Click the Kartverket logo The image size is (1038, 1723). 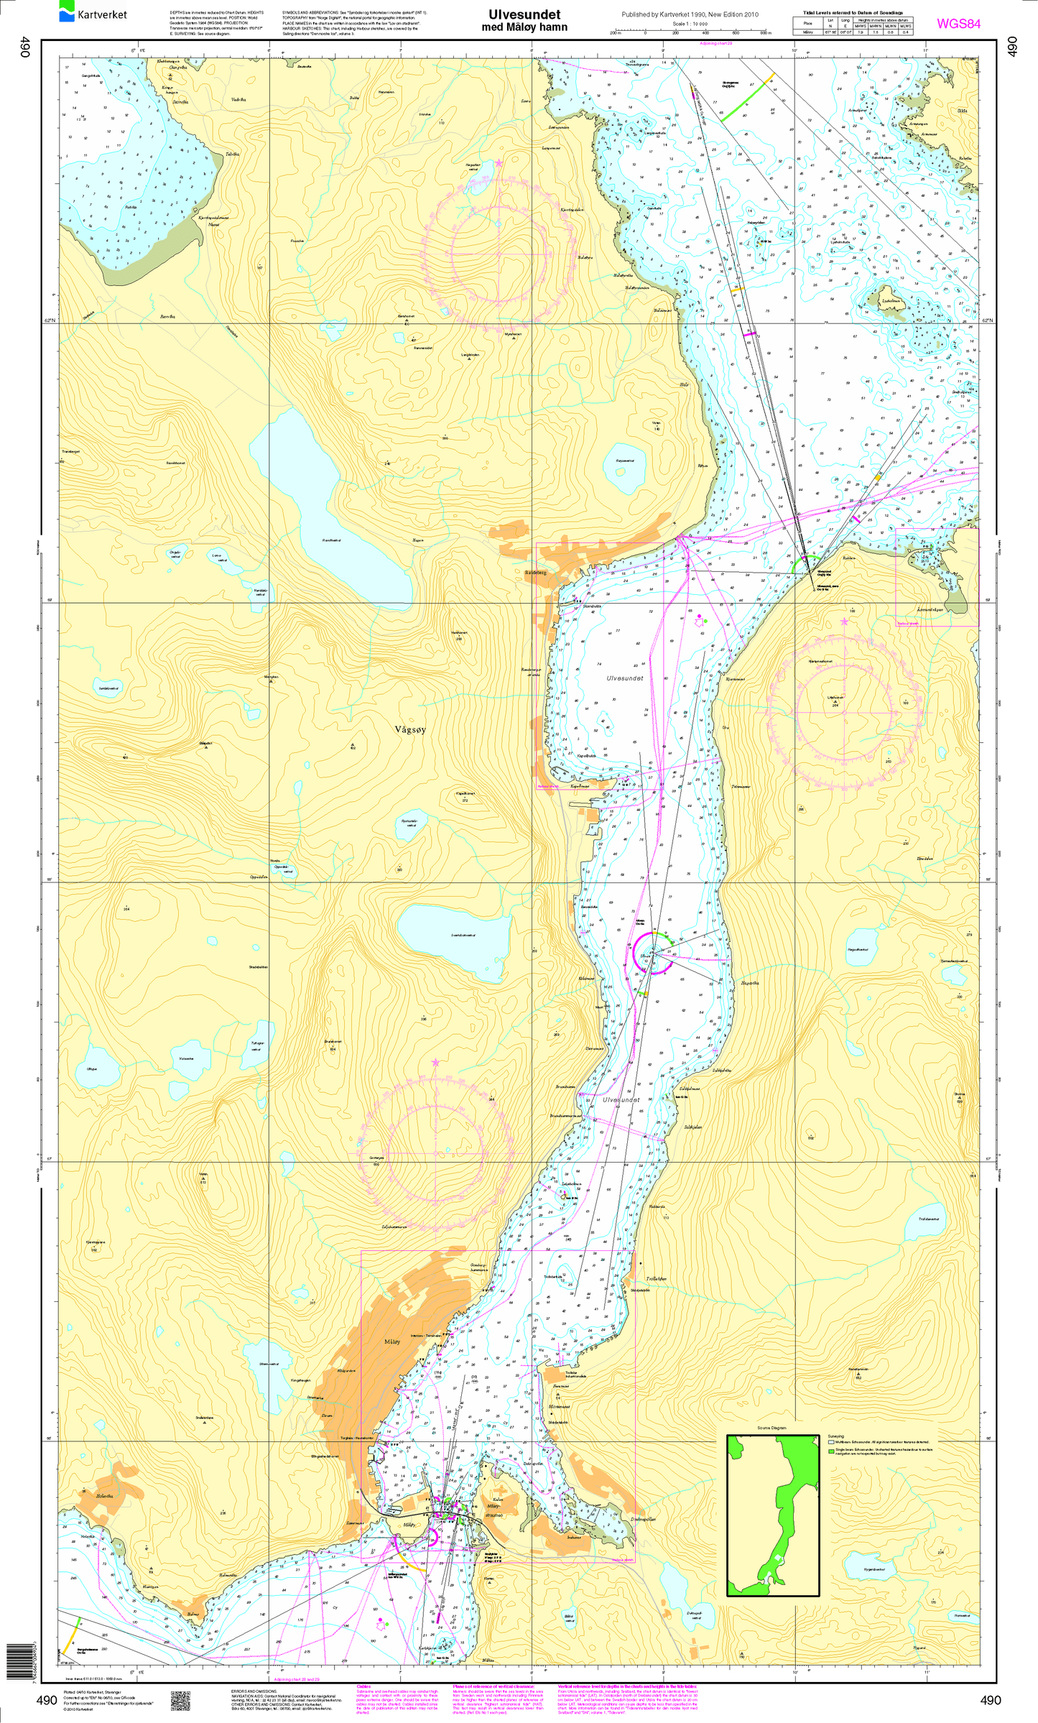coord(93,12)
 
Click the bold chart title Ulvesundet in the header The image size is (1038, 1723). coord(524,14)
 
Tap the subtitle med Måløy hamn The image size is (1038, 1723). coord(524,27)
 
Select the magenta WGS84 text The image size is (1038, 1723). coord(958,24)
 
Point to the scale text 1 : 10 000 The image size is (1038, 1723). coord(690,24)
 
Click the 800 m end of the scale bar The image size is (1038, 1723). coord(766,33)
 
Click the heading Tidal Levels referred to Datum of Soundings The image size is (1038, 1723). coord(853,13)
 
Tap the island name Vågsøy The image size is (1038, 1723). coord(410,729)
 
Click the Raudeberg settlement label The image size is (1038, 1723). coord(536,573)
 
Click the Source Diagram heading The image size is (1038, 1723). coord(771,1428)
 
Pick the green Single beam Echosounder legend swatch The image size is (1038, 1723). coord(831,1450)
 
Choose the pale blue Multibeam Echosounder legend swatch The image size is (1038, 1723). coord(831,1441)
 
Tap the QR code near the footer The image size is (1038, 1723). coord(180,1700)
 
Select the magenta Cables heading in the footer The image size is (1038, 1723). coord(364,1686)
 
